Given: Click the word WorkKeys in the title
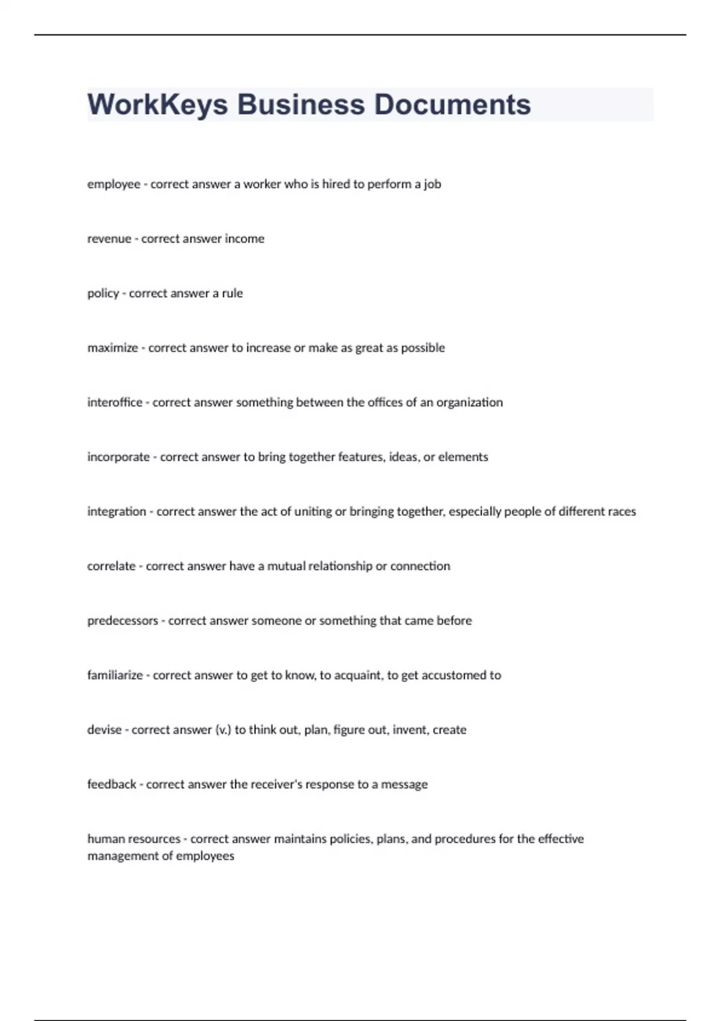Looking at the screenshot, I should click(x=157, y=105).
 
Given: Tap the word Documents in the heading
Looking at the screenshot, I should click(x=452, y=105).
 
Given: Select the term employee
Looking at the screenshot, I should click(x=114, y=184).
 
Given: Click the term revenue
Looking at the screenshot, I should click(x=109, y=239).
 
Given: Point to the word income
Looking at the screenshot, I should click(x=245, y=239).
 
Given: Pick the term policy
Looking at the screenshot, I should click(x=103, y=294).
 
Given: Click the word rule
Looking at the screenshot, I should click(x=233, y=294).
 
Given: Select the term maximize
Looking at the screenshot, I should click(x=112, y=348).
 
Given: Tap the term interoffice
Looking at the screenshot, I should click(x=115, y=402).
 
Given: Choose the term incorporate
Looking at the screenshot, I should click(x=118, y=457).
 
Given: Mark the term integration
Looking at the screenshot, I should click(x=117, y=512).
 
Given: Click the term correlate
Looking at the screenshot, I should click(x=111, y=566).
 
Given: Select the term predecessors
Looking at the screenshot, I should click(x=123, y=621).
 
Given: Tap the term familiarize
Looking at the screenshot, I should click(x=115, y=676).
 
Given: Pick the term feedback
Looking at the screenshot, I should click(x=112, y=784).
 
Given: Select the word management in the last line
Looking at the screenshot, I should click(x=123, y=856).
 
